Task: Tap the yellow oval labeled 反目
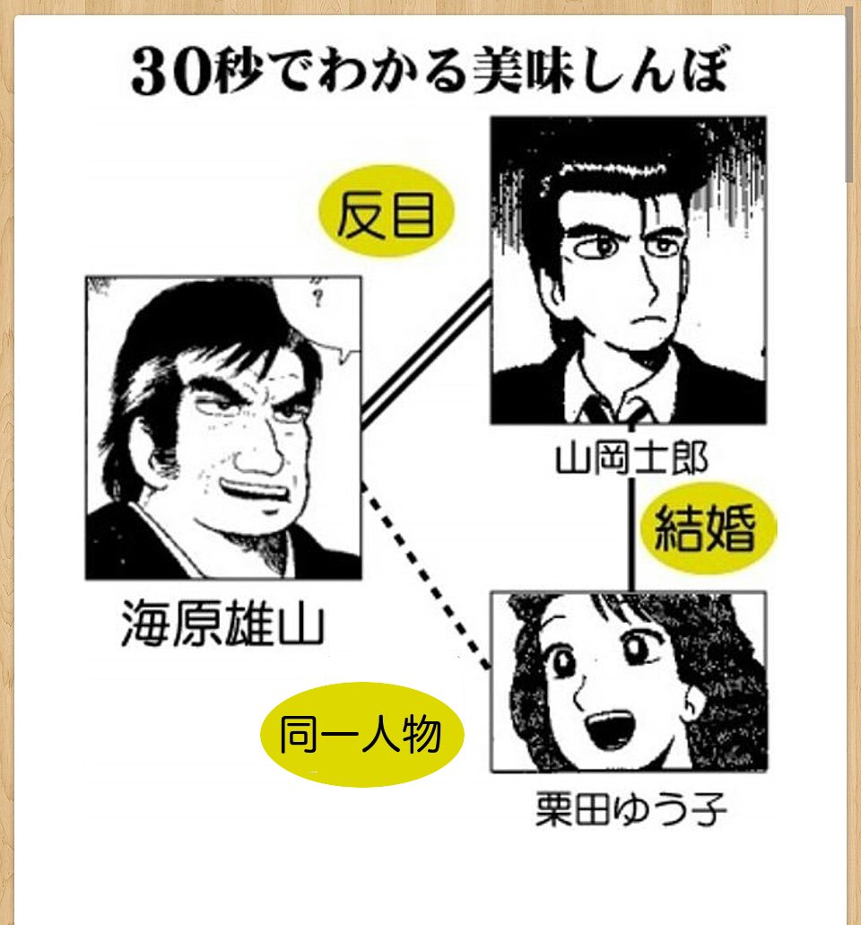pyautogui.click(x=387, y=214)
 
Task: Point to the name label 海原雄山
pyautogui.click(x=222, y=627)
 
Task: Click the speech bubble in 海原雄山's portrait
pyautogui.click(x=318, y=319)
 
